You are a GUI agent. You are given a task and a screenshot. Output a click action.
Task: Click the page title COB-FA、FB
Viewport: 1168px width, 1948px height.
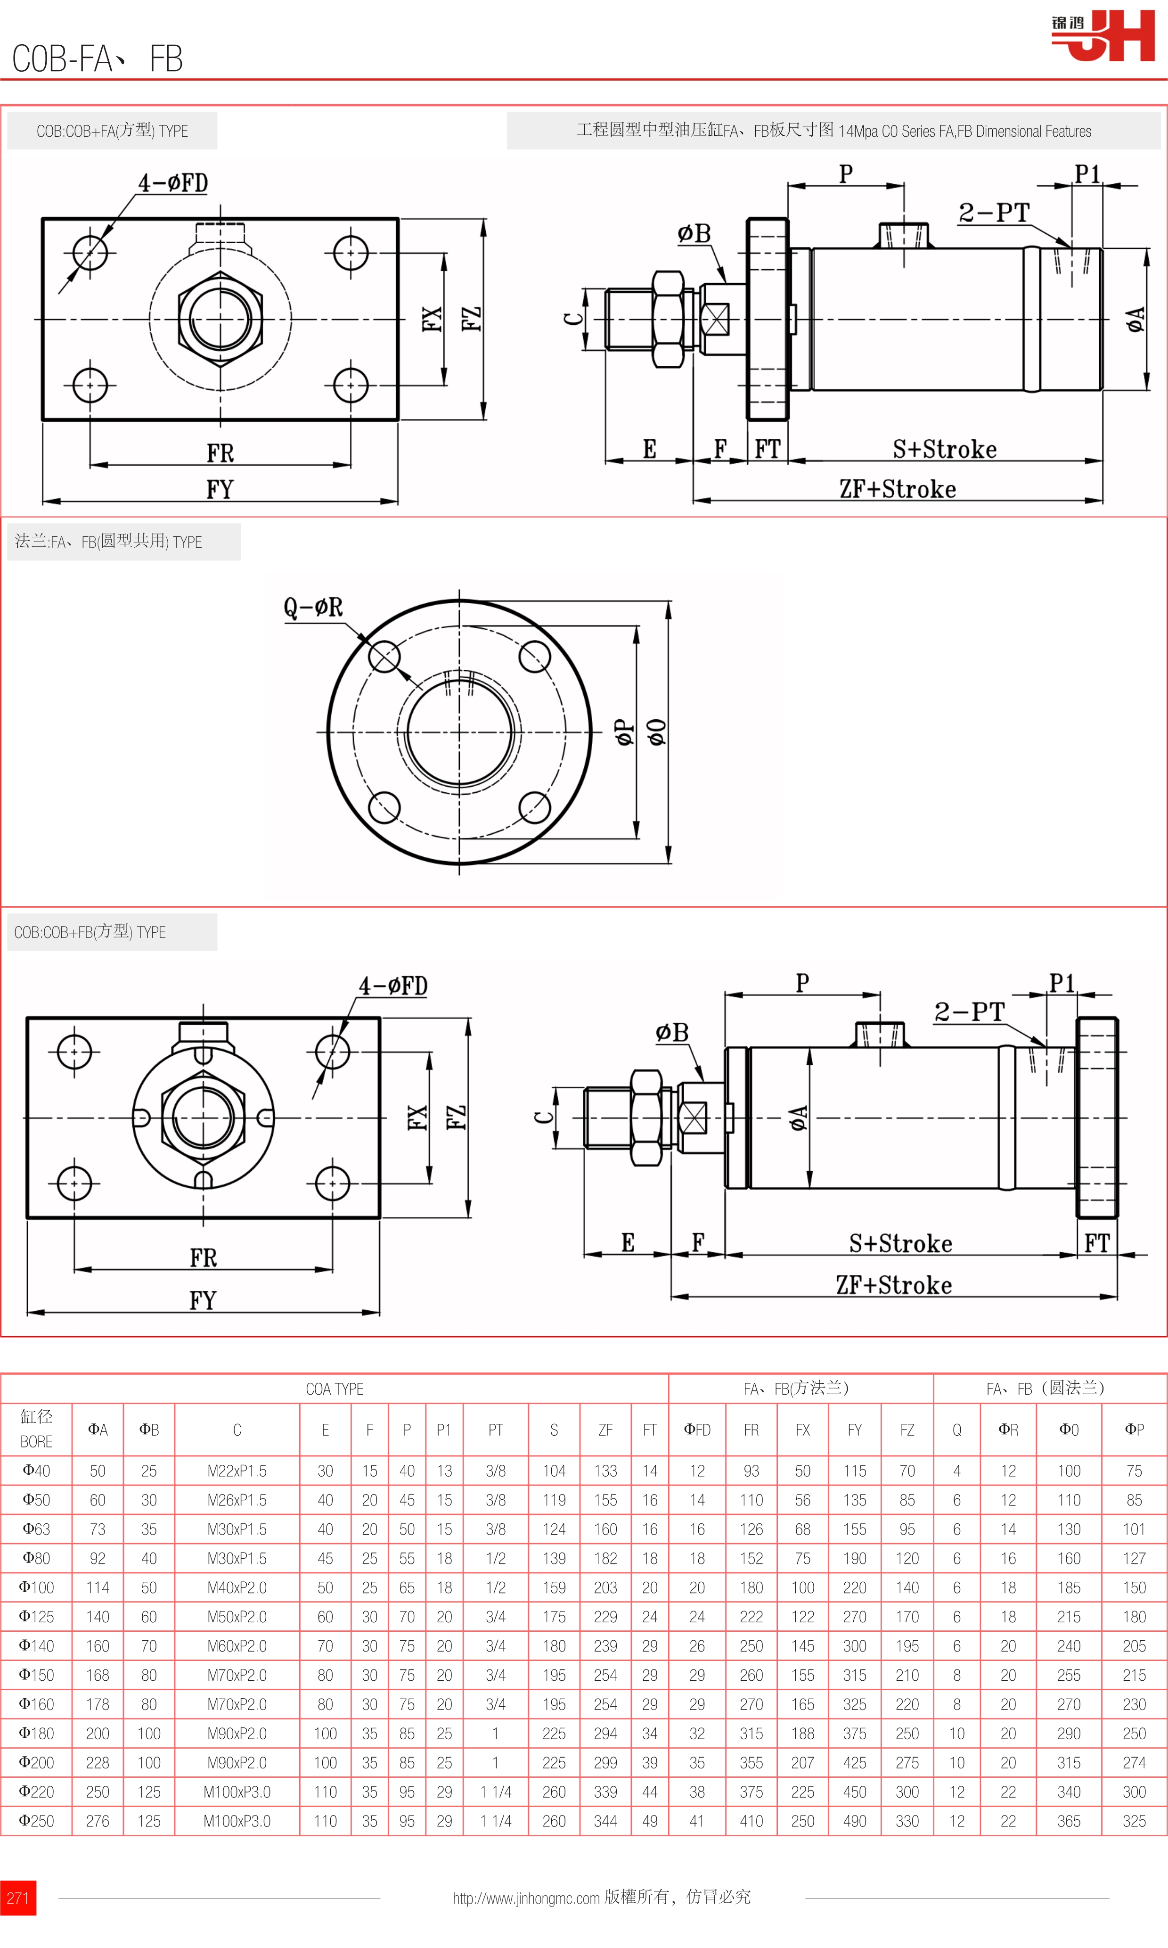[x=98, y=59]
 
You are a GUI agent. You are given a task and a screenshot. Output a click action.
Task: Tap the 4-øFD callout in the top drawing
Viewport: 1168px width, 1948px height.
[x=173, y=183]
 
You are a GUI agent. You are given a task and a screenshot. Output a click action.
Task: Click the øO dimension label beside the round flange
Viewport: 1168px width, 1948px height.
[x=656, y=732]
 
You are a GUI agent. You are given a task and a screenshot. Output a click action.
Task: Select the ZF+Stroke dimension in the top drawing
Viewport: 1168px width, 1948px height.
[x=897, y=489]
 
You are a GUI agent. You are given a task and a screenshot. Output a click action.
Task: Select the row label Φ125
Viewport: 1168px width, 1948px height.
[x=36, y=1617]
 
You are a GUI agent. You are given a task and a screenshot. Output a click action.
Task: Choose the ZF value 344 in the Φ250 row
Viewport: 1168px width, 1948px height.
[x=605, y=1821]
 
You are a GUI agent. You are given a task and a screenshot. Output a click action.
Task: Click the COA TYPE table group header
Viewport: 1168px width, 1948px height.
[x=335, y=1389]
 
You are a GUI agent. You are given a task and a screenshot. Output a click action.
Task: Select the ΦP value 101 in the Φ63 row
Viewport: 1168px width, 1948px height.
[x=1133, y=1529]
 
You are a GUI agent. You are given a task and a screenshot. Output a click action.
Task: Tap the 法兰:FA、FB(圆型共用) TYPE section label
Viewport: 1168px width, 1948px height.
[x=109, y=542]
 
